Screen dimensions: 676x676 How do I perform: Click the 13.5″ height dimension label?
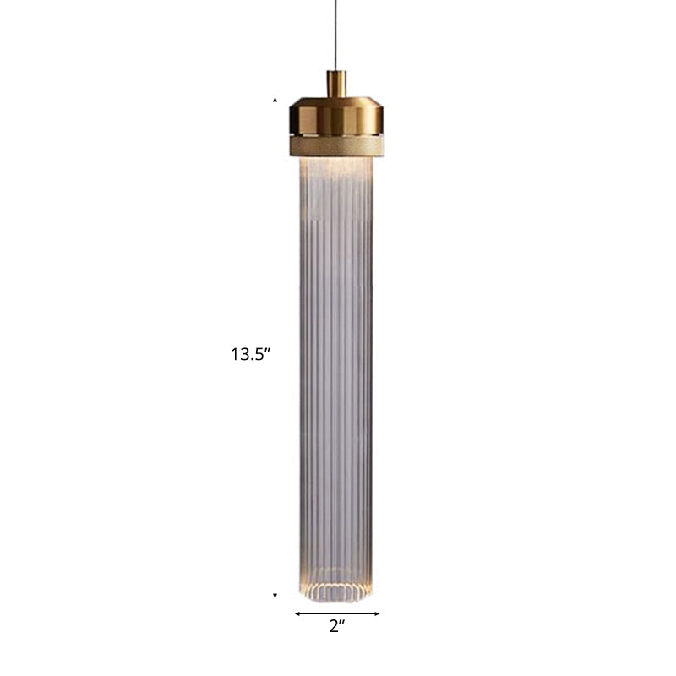coord(249,355)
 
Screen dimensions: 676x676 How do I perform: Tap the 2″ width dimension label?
coord(337,627)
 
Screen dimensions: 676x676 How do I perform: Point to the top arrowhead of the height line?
coord(275,101)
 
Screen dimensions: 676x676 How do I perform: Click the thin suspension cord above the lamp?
coord(336,34)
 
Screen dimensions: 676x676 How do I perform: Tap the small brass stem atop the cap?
coord(336,84)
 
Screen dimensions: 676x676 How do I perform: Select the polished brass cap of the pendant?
coord(336,117)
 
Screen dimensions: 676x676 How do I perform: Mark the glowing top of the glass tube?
coord(336,173)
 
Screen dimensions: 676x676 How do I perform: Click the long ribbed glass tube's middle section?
coord(336,380)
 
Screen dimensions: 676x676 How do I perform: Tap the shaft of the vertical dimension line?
coord(275,253)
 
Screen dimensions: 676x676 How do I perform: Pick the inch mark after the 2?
coord(344,624)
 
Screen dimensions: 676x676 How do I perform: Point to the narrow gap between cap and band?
coord(336,135)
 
